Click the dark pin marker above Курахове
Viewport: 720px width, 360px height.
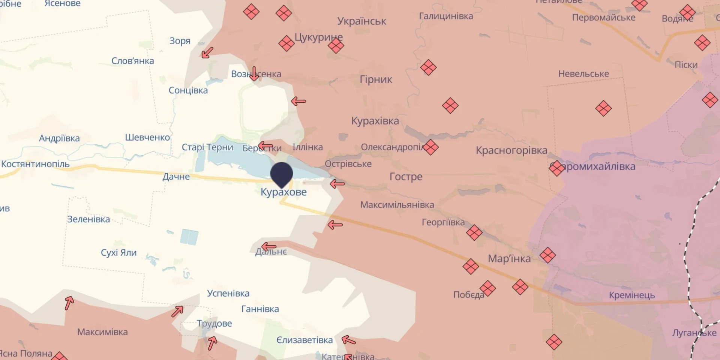point(282,174)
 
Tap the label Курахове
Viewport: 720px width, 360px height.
point(283,192)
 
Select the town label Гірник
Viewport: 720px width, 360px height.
point(376,79)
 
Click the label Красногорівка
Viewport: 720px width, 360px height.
point(511,150)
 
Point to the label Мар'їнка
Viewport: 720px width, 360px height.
point(509,258)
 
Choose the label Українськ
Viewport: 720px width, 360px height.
point(361,21)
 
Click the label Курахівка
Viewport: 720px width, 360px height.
point(375,121)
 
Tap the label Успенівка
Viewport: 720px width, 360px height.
point(228,293)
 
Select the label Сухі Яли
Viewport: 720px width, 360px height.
point(118,253)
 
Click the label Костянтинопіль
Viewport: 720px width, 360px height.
point(35,164)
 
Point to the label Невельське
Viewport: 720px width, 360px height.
point(583,74)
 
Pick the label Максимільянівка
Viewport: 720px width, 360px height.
point(397,205)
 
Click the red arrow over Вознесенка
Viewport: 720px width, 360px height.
point(254,74)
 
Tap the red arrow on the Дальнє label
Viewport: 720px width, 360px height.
point(268,247)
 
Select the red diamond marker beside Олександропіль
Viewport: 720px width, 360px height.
point(430,147)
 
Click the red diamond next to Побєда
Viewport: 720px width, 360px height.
point(487,288)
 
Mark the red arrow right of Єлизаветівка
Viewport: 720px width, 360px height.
point(348,340)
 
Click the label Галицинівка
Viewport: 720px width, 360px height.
point(446,16)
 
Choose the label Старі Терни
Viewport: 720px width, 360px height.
point(207,147)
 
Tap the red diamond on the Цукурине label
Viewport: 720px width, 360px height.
point(336,46)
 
